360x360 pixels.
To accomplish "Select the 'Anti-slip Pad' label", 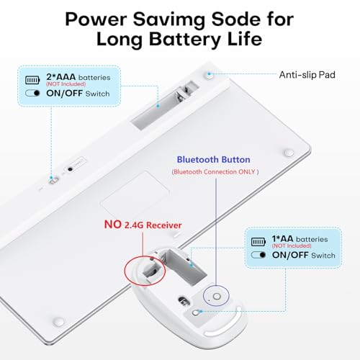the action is [307, 75].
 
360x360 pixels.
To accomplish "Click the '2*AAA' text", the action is [60, 77].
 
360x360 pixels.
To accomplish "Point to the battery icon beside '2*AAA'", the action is [32, 80].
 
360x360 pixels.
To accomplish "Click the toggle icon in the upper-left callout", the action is [32, 93].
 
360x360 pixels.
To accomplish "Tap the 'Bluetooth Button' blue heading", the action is [213, 160].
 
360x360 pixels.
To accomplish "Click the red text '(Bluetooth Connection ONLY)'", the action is [215, 172].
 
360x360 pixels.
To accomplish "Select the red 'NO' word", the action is [112, 225].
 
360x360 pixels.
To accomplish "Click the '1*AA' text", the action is [282, 239].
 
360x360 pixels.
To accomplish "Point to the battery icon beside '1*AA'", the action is [258, 242].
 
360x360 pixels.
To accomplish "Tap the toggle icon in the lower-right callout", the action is [258, 255].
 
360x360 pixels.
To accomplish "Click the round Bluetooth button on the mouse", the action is [217, 297].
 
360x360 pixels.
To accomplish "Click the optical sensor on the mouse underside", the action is [184, 300].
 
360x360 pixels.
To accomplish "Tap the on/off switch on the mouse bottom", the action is [196, 312].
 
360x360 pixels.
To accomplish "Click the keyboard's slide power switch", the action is [53, 180].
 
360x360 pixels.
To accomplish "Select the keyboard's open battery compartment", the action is [164, 105].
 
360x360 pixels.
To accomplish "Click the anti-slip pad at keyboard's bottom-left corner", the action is [59, 322].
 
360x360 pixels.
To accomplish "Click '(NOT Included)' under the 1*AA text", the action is [292, 246].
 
